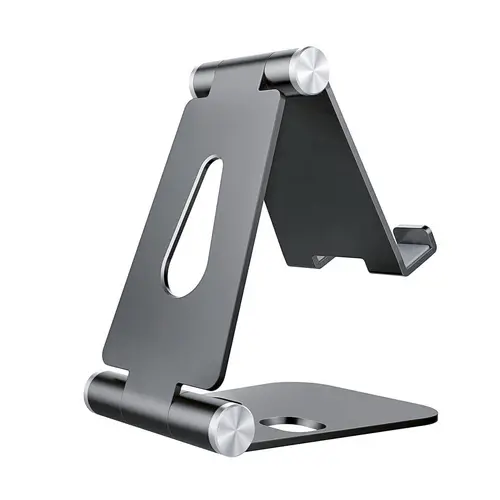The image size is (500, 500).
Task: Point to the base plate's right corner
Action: [x=437, y=412]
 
